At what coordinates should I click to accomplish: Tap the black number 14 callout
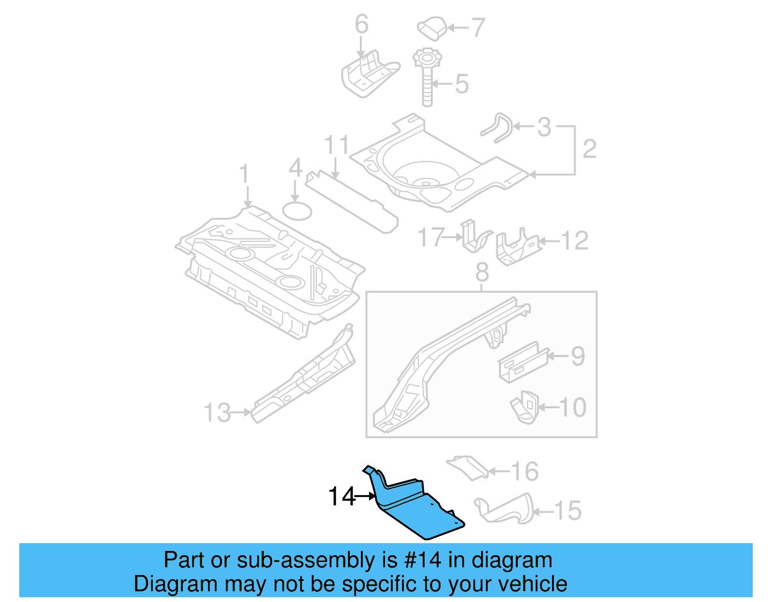pos(342,496)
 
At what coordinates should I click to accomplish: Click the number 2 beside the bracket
pos(590,149)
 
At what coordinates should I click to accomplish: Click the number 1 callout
pos(244,174)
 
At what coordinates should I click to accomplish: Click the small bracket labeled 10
pos(524,407)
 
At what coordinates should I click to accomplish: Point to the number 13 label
pos(218,413)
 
